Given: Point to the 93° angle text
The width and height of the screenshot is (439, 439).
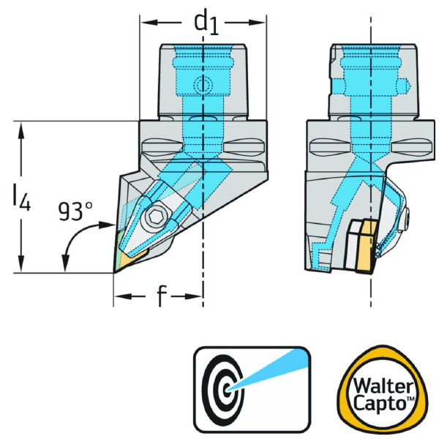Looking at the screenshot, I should (x=76, y=212).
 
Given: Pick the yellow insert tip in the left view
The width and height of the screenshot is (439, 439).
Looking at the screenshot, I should (x=124, y=259).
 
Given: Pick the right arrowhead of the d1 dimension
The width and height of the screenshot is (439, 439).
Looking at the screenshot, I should (x=260, y=23).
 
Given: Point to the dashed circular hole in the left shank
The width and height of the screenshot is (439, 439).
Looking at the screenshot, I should (x=202, y=86).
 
